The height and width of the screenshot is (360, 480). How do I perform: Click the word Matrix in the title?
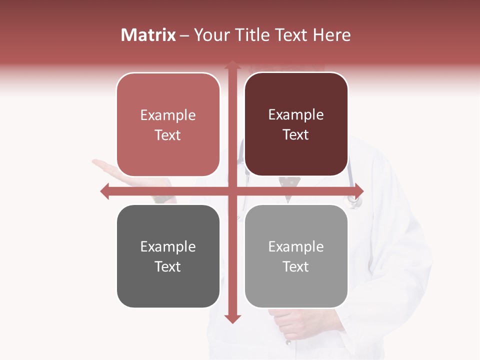(148, 35)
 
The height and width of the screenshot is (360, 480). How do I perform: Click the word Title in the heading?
(252, 35)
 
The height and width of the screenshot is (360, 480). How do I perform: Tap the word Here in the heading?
(332, 35)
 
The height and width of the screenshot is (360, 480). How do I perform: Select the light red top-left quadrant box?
(168, 125)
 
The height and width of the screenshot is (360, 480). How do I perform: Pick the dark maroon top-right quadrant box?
(296, 124)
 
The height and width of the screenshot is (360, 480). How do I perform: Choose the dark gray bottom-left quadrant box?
(168, 256)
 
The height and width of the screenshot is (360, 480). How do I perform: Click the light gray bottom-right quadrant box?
(296, 256)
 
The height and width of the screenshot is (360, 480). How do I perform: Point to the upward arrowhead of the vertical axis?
(232, 65)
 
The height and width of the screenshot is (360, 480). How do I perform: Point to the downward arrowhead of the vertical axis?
(232, 319)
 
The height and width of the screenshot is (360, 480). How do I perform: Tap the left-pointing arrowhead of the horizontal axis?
(104, 191)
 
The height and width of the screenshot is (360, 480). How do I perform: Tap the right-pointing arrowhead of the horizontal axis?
(359, 191)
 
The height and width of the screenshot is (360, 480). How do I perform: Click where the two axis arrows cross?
(232, 191)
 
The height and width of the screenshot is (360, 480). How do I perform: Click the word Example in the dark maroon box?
(296, 115)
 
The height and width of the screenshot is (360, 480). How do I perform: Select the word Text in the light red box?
(168, 135)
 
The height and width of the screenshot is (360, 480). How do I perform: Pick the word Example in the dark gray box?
(168, 246)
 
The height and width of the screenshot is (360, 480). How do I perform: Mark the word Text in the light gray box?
(296, 267)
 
